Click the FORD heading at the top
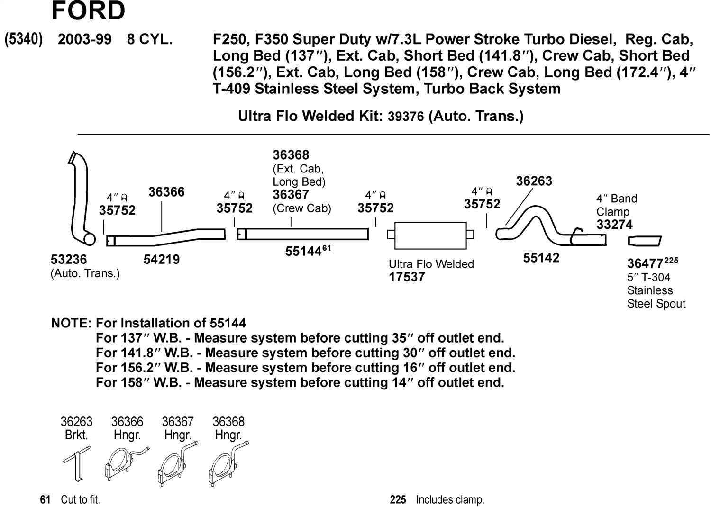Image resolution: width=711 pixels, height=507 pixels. click(x=88, y=11)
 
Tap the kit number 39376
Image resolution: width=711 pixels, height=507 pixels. click(x=406, y=117)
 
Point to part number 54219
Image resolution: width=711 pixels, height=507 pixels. click(x=162, y=260)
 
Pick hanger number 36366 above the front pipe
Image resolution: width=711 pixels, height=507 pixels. click(x=166, y=192)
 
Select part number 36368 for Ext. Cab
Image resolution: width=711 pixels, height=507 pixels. click(x=291, y=155)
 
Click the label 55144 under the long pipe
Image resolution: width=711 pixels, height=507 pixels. click(x=303, y=252)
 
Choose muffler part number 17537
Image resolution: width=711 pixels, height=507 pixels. click(x=407, y=277)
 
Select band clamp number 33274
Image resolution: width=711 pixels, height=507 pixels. click(x=614, y=225)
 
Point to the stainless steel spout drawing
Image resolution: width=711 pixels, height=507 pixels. click(x=644, y=241)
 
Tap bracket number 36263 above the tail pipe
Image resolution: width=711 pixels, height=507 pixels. click(x=534, y=181)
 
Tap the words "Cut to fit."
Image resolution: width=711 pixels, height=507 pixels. click(x=80, y=499)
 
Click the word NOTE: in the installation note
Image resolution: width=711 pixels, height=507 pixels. click(x=71, y=324)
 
